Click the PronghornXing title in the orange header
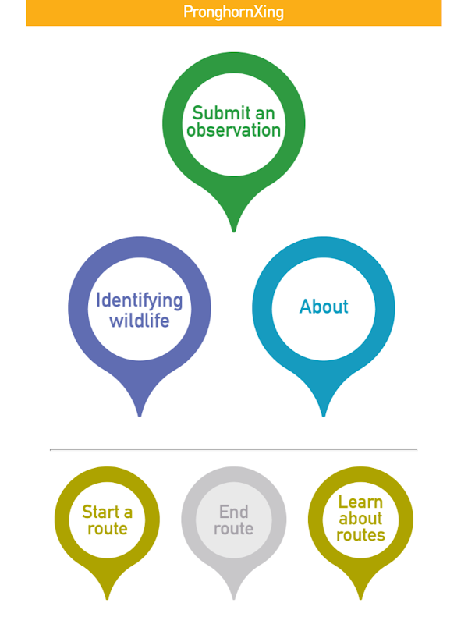(233, 12)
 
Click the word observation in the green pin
(233, 130)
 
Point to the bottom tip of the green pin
(233, 230)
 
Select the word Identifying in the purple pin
(139, 301)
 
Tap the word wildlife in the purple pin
(139, 320)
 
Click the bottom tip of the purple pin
(140, 414)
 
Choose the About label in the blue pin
(324, 307)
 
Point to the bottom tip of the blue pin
(324, 414)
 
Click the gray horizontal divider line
(233, 449)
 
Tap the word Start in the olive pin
(101, 512)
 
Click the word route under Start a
(107, 529)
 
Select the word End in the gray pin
(233, 512)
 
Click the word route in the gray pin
(233, 529)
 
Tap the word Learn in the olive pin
(360, 502)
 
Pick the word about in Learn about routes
(360, 518)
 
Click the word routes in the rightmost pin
(360, 535)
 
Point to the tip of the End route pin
(233, 598)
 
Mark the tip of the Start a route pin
(107, 598)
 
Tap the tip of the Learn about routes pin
(360, 598)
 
